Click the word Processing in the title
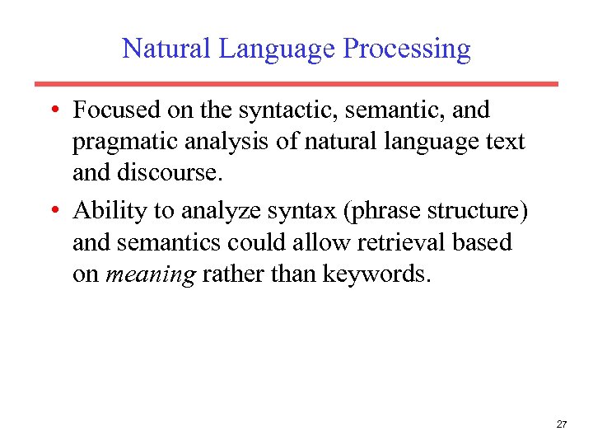(407, 49)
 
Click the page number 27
(562, 424)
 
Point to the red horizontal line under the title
(296, 84)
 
